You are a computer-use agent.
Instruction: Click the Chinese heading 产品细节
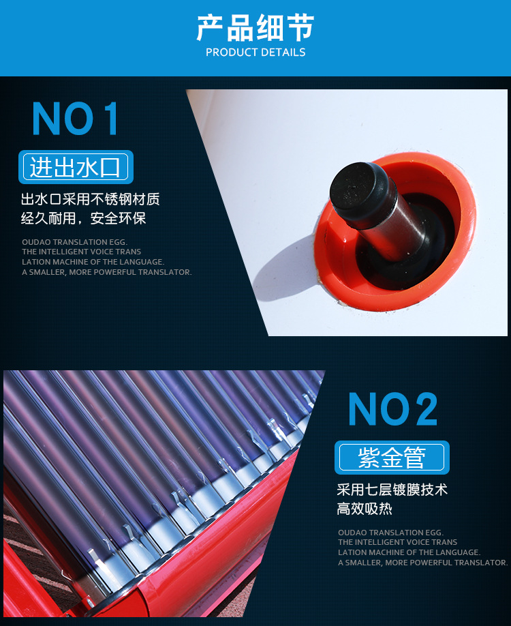(x=255, y=29)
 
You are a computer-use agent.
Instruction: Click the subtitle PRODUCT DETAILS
(x=255, y=53)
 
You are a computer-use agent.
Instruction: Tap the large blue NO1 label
(x=76, y=119)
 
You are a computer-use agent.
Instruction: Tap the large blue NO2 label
(x=392, y=409)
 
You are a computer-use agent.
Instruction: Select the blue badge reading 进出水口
(x=76, y=167)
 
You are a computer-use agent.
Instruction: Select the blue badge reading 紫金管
(x=392, y=458)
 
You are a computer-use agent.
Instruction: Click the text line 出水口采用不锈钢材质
(x=91, y=200)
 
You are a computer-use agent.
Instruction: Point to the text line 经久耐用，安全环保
(x=84, y=219)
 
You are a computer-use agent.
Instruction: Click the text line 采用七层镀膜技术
(x=392, y=490)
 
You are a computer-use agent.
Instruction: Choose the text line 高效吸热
(x=365, y=509)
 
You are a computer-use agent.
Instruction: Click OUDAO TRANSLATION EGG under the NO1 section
(x=74, y=242)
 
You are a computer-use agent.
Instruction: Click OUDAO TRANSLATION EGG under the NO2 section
(x=390, y=533)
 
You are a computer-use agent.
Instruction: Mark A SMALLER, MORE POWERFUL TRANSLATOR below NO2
(x=422, y=563)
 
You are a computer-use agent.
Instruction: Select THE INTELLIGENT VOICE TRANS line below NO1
(x=81, y=252)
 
